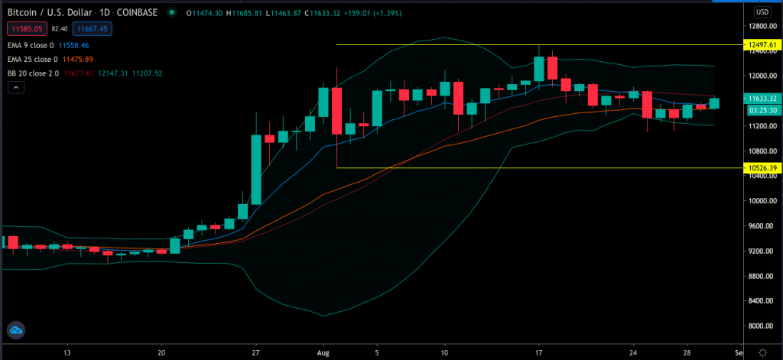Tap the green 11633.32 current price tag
point(762,99)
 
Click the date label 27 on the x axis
point(256,354)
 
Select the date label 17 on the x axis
point(539,354)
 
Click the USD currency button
point(762,12)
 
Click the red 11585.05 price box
point(25,28)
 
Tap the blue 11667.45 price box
point(95,28)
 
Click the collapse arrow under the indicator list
point(15,88)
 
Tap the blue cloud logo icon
point(15,331)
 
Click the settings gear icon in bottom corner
point(762,352)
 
